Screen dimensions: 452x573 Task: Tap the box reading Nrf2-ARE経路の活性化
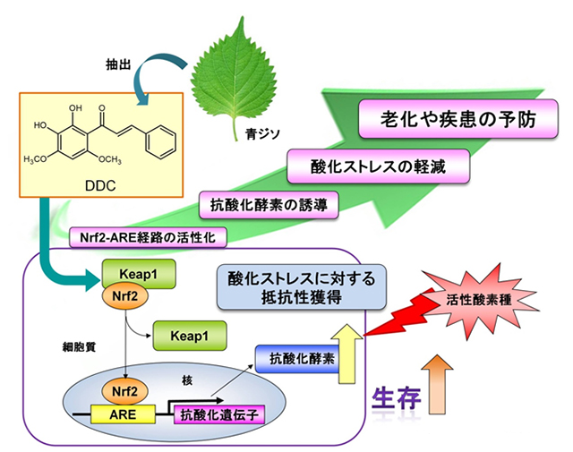point(149,237)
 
